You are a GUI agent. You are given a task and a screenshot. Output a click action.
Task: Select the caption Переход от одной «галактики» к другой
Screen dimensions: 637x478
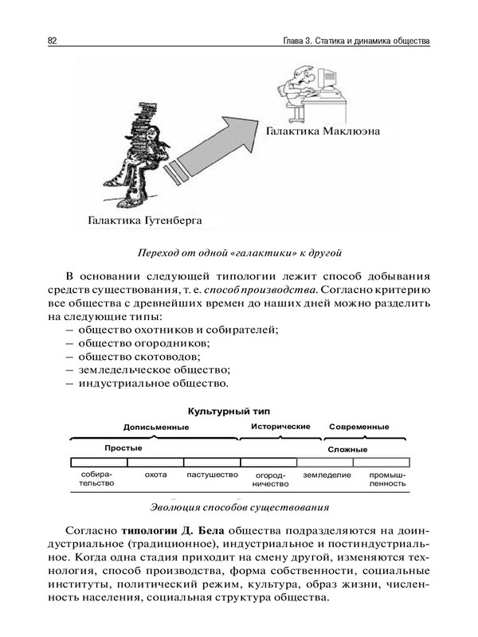point(239,254)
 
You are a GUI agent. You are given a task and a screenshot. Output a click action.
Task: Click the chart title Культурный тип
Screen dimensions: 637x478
point(229,411)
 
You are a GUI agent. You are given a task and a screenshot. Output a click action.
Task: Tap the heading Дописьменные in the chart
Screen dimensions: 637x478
point(155,427)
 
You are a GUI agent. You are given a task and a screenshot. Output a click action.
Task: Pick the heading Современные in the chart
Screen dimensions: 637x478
point(358,427)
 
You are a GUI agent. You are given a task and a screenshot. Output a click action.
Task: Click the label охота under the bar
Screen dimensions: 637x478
point(155,475)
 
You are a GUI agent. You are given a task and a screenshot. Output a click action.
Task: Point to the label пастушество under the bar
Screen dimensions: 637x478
point(212,475)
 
